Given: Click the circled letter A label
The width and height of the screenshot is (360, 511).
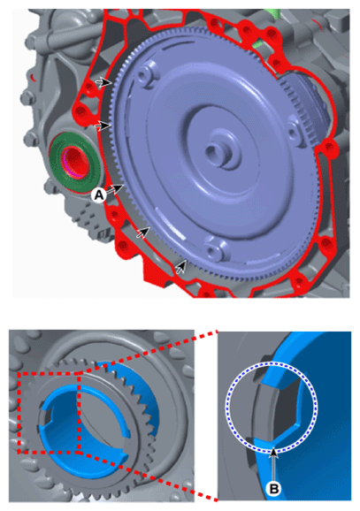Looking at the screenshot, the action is pos(98,194).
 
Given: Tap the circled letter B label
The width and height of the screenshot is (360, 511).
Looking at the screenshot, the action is pos(273,488).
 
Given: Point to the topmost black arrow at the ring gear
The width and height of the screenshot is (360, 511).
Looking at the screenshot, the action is pos(104,82).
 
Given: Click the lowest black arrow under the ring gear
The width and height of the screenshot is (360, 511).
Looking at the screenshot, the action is pos(181,266).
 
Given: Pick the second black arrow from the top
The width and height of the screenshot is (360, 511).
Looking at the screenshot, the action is pos(103,126).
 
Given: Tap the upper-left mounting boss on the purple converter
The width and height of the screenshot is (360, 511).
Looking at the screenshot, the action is pos(143,76).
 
